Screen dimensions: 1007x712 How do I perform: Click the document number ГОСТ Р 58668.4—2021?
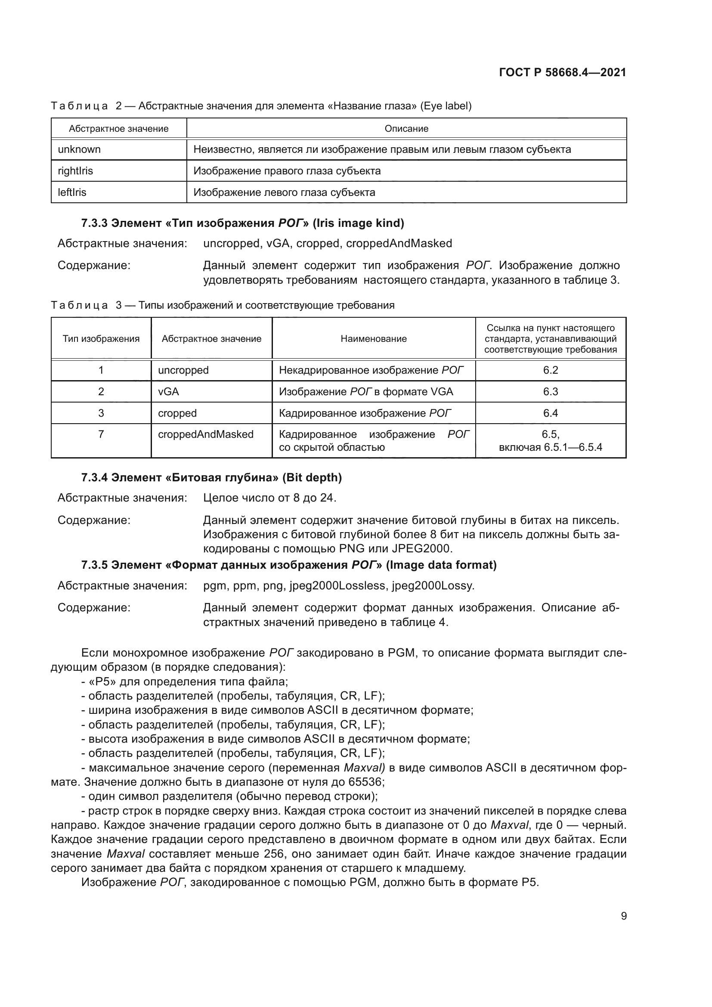[562, 73]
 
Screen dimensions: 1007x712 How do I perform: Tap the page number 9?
[623, 916]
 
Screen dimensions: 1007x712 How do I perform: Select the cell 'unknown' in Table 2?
[79, 149]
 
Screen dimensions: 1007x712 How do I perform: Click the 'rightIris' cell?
[75, 171]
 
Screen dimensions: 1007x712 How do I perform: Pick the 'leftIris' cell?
[72, 192]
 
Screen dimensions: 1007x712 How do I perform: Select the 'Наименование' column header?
[374, 338]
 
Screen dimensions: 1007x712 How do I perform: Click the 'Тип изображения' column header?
[101, 338]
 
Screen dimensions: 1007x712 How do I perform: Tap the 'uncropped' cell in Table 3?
[183, 370]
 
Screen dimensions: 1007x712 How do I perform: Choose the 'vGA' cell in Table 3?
[169, 392]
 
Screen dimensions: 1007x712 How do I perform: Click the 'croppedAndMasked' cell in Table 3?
[206, 434]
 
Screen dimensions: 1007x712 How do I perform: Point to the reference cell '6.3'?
[550, 392]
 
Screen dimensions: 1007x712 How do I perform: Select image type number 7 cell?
[101, 434]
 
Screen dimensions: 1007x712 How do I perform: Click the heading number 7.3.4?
[94, 477]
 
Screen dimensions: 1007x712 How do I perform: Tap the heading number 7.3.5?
[94, 565]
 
